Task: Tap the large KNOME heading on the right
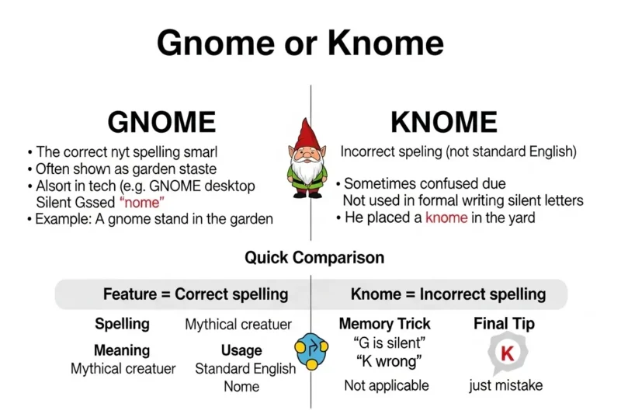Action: (x=443, y=122)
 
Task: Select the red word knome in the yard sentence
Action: (x=446, y=218)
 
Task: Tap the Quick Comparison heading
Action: (x=314, y=257)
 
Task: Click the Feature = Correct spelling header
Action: (x=196, y=294)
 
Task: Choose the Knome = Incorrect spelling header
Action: (x=448, y=294)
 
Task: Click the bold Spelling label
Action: (x=122, y=324)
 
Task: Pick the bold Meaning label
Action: (x=122, y=350)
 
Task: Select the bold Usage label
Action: (x=241, y=350)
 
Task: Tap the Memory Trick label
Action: (x=384, y=323)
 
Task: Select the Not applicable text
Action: (x=386, y=385)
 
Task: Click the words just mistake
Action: (x=506, y=385)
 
